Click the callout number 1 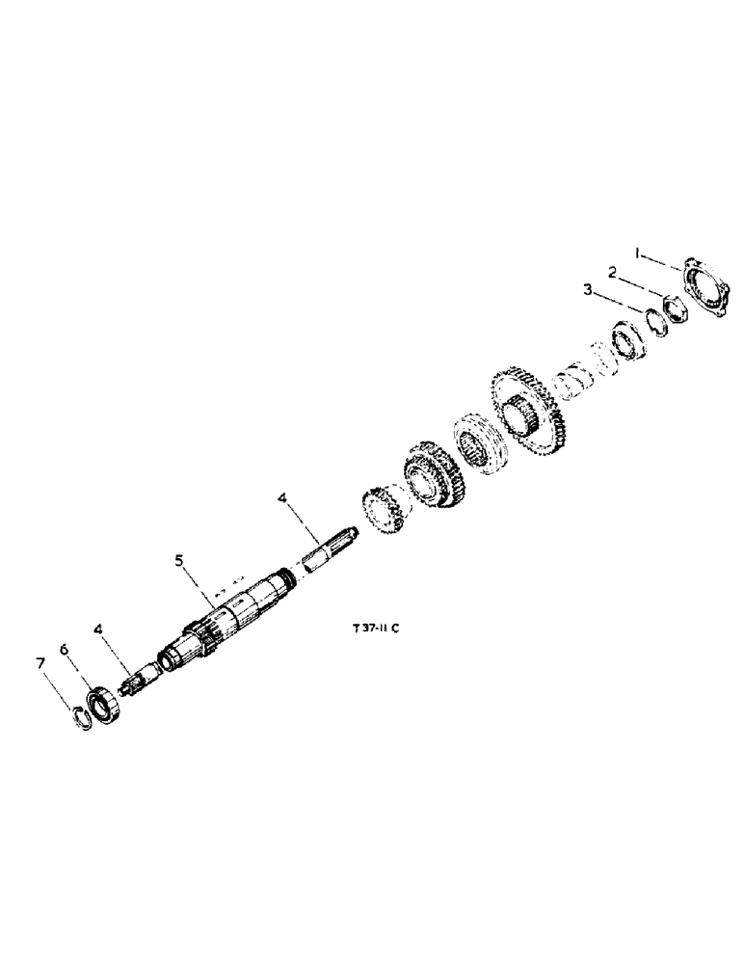click(637, 252)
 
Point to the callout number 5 click(178, 559)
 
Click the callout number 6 click(65, 650)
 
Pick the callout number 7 click(40, 663)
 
